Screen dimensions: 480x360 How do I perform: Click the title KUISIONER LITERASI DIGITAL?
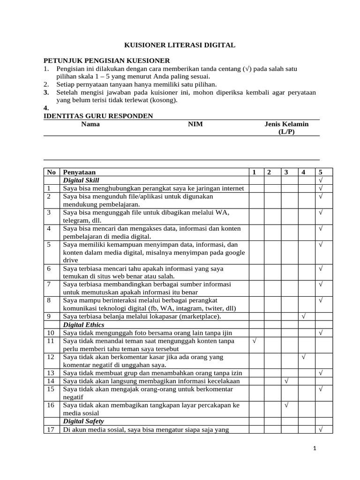pos(180,45)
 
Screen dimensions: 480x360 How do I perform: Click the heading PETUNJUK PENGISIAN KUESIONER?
pos(106,61)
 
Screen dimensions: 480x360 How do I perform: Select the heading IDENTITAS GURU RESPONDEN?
pos(98,116)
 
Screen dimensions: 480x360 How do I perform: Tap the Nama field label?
pos(90,124)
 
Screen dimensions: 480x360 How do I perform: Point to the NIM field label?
pos(195,124)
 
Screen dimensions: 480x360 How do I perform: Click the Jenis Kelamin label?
pos(286,124)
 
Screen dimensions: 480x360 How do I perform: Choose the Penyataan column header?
pos(79,172)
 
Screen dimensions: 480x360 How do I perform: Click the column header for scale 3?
pos(285,172)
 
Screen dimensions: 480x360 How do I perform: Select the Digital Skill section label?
pos(81,180)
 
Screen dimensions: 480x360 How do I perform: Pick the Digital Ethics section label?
pos(83,325)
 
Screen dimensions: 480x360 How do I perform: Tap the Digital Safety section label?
pos(83,421)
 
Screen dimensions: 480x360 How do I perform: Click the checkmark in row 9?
pos(304,317)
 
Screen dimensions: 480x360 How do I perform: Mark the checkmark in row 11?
pos(255,341)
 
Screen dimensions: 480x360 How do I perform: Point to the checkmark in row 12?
pos(304,357)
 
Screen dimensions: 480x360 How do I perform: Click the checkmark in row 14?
pos(285,381)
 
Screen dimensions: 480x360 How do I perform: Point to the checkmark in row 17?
pos(321,429)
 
